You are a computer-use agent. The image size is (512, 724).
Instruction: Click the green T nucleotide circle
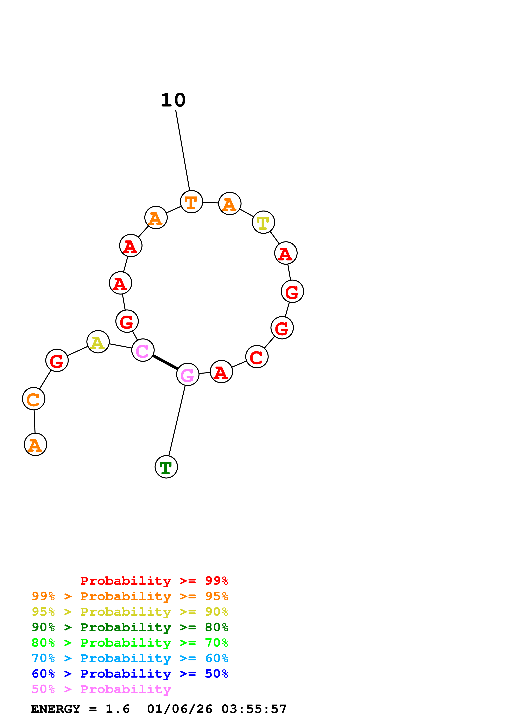click(x=166, y=467)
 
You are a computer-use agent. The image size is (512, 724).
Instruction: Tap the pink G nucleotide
click(x=188, y=374)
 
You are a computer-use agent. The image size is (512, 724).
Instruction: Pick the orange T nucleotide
click(x=191, y=202)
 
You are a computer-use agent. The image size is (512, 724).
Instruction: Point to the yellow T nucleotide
click(x=263, y=222)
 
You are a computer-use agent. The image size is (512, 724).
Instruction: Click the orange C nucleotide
click(x=33, y=399)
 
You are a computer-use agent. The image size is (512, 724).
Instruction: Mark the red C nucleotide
click(x=257, y=357)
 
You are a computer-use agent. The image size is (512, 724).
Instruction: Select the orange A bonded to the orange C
click(x=35, y=445)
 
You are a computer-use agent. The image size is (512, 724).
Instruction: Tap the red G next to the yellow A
click(x=57, y=360)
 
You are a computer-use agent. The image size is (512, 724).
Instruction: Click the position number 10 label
click(x=173, y=100)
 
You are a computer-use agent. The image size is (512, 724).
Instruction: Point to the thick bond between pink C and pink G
click(x=165, y=362)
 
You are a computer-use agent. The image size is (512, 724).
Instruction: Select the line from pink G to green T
click(x=177, y=421)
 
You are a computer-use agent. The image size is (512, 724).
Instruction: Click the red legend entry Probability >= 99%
click(x=154, y=581)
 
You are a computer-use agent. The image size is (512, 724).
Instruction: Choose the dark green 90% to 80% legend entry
click(x=130, y=627)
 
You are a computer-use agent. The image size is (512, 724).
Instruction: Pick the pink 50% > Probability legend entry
click(x=101, y=689)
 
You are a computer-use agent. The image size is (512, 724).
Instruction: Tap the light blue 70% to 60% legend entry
click(x=130, y=658)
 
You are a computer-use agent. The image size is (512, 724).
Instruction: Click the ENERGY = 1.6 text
click(x=80, y=709)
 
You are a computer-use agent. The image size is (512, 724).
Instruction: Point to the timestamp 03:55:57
click(x=254, y=709)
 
